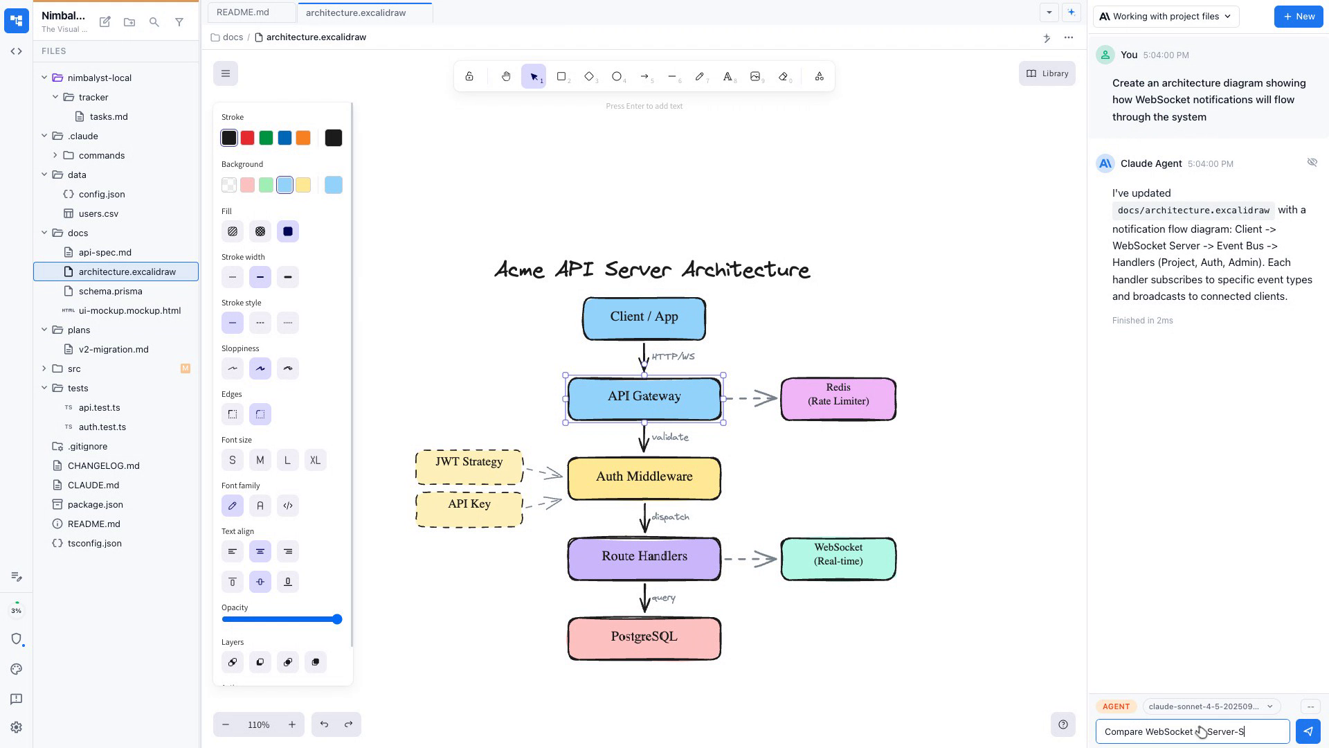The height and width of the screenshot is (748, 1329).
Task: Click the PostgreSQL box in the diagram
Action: click(x=644, y=638)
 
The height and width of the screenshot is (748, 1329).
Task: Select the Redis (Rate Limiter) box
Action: click(x=838, y=399)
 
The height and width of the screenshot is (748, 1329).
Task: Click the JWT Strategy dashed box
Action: click(x=469, y=467)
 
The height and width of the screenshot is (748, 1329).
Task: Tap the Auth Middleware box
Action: click(x=644, y=478)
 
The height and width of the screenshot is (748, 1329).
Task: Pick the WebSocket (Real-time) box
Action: click(x=838, y=558)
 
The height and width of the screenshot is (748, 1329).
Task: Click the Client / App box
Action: click(x=644, y=319)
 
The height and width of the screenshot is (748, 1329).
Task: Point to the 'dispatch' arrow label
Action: click(x=670, y=517)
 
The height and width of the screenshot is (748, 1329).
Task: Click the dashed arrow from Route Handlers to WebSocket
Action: click(x=750, y=558)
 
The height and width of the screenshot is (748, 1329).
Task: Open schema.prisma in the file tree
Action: click(x=110, y=291)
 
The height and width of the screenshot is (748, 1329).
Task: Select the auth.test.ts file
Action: click(x=102, y=427)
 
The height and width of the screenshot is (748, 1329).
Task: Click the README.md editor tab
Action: click(x=243, y=12)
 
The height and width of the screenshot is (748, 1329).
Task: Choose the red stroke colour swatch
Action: click(x=247, y=138)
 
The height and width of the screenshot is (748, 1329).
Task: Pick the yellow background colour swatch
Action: click(x=303, y=185)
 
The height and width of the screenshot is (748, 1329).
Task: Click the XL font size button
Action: click(x=315, y=460)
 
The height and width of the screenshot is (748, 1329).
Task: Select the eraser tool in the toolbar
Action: click(x=783, y=76)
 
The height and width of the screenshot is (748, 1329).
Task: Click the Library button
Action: click(x=1047, y=73)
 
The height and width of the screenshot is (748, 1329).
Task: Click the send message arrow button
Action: click(x=1308, y=731)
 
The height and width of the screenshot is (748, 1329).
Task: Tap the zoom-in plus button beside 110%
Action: click(x=292, y=724)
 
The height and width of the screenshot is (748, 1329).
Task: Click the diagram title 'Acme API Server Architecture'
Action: click(x=652, y=269)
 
